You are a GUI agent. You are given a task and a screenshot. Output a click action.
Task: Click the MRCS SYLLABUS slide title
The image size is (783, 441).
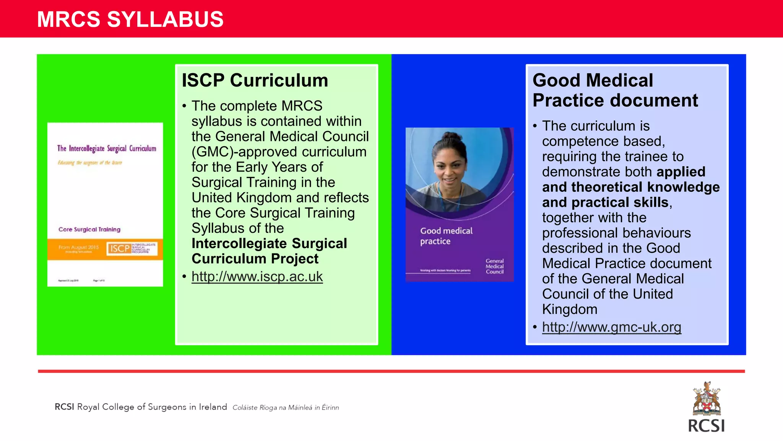tap(130, 19)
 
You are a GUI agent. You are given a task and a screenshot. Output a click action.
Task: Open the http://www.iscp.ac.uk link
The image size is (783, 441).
tap(257, 276)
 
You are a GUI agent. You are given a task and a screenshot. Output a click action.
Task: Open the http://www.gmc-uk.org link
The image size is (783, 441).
tap(611, 327)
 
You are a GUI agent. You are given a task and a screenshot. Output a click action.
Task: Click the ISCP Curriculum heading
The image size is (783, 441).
tap(255, 80)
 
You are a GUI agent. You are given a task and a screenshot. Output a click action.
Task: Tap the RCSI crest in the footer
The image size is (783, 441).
tap(707, 399)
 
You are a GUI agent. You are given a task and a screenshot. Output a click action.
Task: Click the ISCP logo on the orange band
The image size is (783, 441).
tap(120, 248)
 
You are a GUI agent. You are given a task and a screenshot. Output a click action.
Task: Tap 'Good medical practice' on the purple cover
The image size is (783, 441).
tap(446, 236)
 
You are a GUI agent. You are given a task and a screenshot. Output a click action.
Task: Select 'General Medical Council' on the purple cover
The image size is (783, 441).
tap(494, 266)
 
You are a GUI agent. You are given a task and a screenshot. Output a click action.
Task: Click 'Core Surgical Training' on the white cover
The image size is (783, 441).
tap(89, 229)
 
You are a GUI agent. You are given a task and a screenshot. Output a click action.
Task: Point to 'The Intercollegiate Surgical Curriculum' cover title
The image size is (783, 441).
tap(107, 149)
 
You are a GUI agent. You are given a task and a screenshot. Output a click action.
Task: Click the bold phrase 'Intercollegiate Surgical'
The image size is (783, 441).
tap(269, 243)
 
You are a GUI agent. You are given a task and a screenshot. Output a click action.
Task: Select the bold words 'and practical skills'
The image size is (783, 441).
tap(605, 202)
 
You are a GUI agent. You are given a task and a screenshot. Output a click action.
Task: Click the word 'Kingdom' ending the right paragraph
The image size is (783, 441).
tap(569, 309)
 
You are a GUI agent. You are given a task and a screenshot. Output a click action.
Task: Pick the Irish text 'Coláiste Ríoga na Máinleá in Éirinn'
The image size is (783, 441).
tap(286, 408)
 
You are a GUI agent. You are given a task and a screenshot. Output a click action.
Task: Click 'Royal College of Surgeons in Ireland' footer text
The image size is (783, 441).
tap(152, 407)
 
